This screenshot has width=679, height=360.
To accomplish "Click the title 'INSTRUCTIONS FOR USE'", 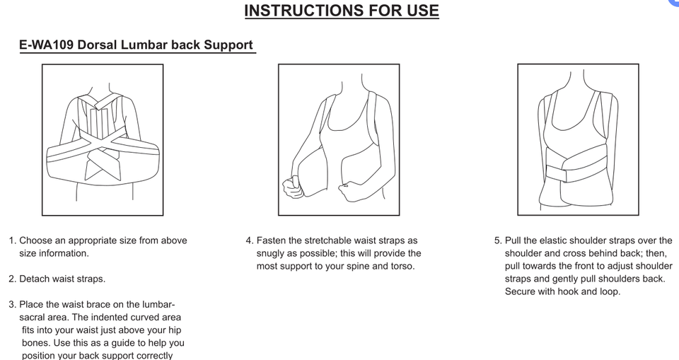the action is pos(342,11).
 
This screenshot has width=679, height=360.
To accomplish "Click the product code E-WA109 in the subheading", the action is pos(47,45).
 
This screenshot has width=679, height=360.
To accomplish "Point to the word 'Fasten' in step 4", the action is pos(271,240).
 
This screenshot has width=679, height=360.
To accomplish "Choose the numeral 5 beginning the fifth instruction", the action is pos(497,240).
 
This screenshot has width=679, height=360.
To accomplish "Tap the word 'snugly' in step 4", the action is pos(270,254).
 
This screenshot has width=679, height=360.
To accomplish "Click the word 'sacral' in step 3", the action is pos(33,317).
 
